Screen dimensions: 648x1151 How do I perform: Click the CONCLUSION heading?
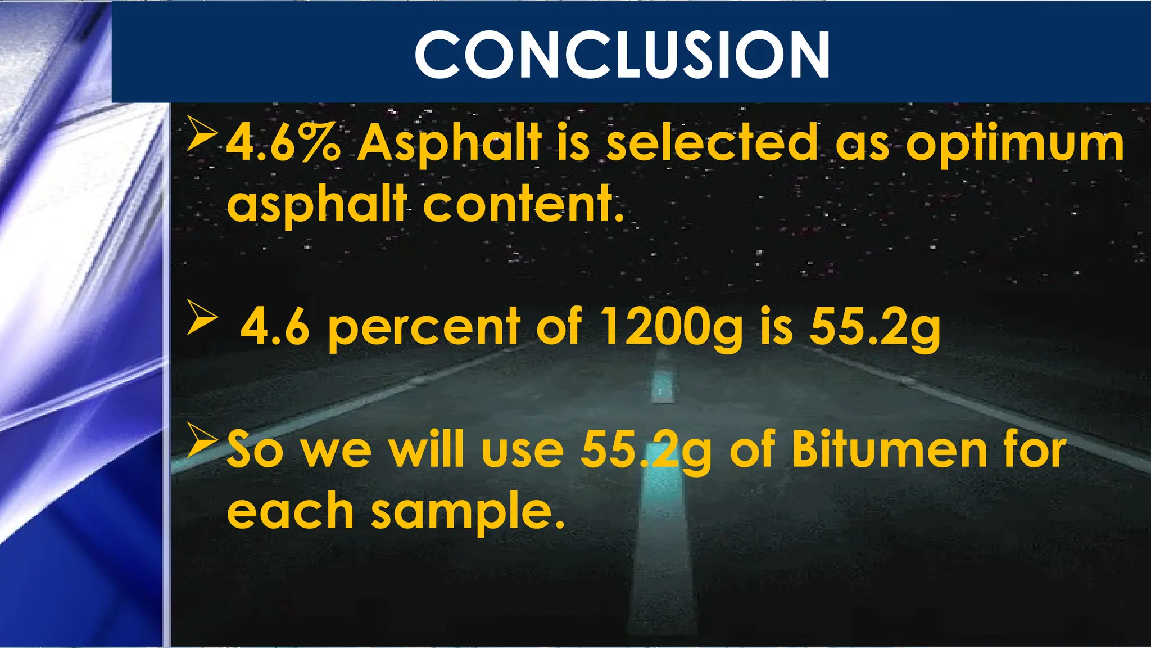[622, 55]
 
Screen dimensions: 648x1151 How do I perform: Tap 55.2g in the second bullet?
[874, 328]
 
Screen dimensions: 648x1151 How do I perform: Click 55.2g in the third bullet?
[646, 451]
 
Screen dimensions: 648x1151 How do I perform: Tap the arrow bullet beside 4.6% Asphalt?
[202, 134]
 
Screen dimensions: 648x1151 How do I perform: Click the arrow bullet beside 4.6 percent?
[202, 317]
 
